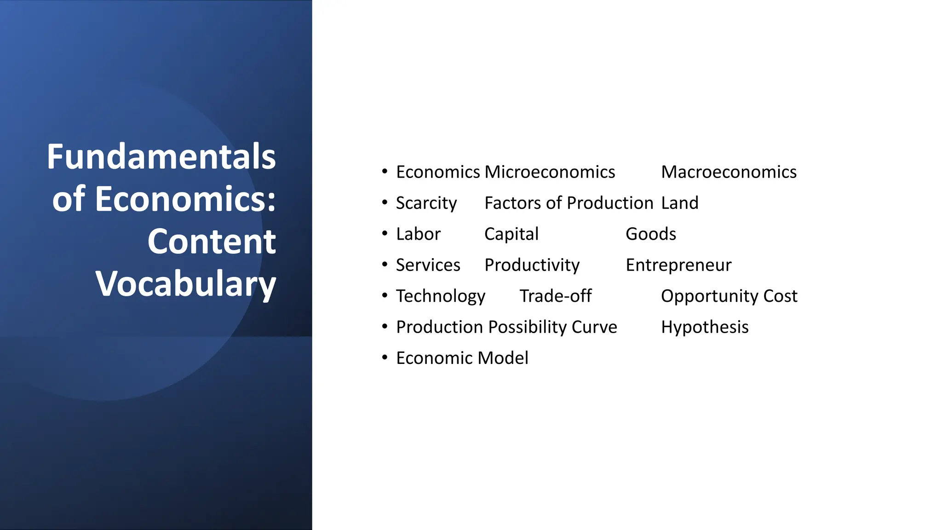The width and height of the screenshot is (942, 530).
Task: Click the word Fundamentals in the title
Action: click(161, 157)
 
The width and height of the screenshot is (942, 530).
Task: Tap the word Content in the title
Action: click(212, 242)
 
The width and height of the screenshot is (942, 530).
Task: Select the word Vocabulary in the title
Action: click(185, 284)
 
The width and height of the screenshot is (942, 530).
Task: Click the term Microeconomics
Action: click(550, 172)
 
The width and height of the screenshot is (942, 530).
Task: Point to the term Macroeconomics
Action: click(729, 172)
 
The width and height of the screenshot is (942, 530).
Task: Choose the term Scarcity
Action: click(426, 203)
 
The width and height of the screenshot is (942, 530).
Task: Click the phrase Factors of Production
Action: click(569, 203)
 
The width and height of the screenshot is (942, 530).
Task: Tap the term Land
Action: click(679, 203)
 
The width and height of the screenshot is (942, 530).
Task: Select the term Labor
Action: click(418, 234)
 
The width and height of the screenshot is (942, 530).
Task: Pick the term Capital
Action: click(511, 234)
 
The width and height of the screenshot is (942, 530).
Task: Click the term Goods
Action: click(650, 234)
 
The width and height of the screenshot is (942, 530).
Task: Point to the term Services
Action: click(428, 265)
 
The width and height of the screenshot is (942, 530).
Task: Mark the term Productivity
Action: click(532, 265)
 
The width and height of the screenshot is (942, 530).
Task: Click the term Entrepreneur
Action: click(678, 265)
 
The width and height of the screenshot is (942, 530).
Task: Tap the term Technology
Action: click(440, 296)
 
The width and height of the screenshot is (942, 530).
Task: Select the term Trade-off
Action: click(555, 296)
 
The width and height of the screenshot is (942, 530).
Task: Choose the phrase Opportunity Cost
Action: click(729, 296)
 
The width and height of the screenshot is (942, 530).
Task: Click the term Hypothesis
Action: click(705, 327)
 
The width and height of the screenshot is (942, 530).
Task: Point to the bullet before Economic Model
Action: click(385, 357)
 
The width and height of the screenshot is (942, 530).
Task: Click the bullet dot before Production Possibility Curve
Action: click(385, 327)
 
